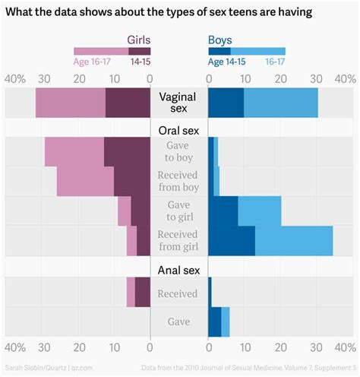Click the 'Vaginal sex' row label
click(x=179, y=103)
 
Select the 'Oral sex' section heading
click(x=179, y=130)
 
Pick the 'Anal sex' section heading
click(x=179, y=270)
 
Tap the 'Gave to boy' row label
click(x=179, y=152)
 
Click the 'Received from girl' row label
click(x=179, y=239)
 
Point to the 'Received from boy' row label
click(x=179, y=181)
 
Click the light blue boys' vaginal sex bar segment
click(x=281, y=103)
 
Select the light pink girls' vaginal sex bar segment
click(x=70, y=103)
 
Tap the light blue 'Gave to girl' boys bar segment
click(x=260, y=211)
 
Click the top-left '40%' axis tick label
click(x=15, y=79)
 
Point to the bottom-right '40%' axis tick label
click(x=344, y=349)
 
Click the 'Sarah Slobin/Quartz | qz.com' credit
click(x=49, y=367)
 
